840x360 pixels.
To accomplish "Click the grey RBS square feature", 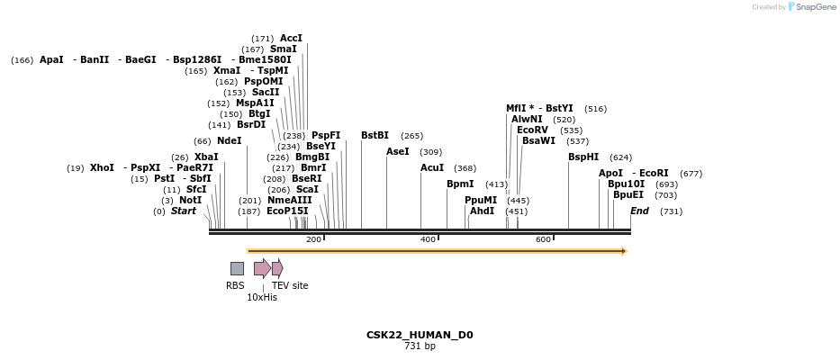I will [237, 268].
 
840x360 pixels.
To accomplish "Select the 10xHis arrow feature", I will [262, 268].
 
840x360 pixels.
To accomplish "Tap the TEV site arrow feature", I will [277, 268].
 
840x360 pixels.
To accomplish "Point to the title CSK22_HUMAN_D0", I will [420, 335].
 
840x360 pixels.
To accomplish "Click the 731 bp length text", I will [420, 346].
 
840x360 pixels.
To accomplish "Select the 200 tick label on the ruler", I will [313, 239].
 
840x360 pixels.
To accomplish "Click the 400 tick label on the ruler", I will [428, 239].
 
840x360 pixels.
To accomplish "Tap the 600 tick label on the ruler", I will [543, 239].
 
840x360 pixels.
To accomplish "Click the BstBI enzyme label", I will [375, 136].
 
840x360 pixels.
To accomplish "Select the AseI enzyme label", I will [398, 152].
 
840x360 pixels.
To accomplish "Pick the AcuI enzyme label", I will [432, 168].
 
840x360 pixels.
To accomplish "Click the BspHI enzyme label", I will [583, 157].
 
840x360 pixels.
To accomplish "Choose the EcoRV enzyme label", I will [532, 130].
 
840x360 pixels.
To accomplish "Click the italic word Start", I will [183, 211].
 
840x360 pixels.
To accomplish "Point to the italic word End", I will [639, 211].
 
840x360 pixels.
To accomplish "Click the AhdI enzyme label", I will [483, 211].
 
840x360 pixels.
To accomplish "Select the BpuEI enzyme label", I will [628, 195].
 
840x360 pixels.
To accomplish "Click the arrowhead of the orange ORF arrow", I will [623, 251].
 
